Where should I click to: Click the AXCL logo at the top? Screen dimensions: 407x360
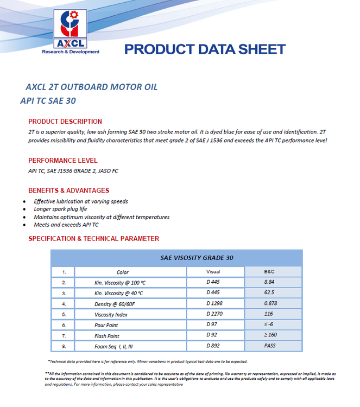point(71,31)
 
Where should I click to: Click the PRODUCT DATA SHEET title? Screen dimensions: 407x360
point(205,49)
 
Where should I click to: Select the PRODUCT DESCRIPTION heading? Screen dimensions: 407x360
point(65,122)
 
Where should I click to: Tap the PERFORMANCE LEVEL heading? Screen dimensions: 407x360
point(63,161)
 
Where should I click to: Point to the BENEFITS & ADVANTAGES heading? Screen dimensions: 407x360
point(69,190)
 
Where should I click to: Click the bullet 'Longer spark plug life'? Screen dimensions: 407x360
point(60,209)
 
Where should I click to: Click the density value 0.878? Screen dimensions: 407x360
point(270,303)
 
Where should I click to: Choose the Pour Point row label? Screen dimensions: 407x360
point(106,325)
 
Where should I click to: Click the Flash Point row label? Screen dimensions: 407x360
point(107,336)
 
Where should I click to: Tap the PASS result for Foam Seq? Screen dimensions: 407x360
point(270,346)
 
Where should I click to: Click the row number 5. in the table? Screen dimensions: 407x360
point(64,314)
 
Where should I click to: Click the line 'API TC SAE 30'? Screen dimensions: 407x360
point(48,101)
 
